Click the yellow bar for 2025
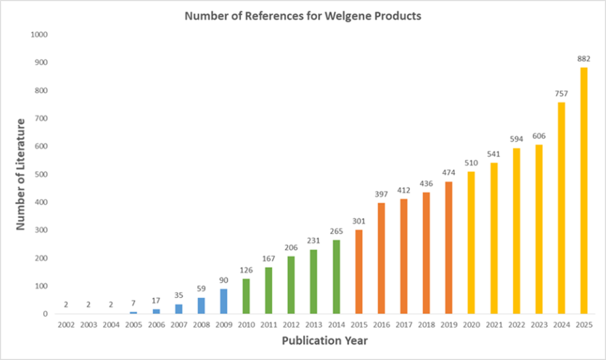click(x=584, y=190)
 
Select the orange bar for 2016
click(x=381, y=258)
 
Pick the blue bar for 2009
click(x=224, y=301)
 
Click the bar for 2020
click(x=471, y=243)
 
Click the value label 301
click(x=359, y=221)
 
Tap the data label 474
click(x=448, y=173)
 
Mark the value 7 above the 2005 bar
click(x=133, y=304)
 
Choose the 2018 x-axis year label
click(x=426, y=325)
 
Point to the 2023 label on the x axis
click(x=539, y=325)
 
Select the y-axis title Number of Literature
click(x=21, y=174)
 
